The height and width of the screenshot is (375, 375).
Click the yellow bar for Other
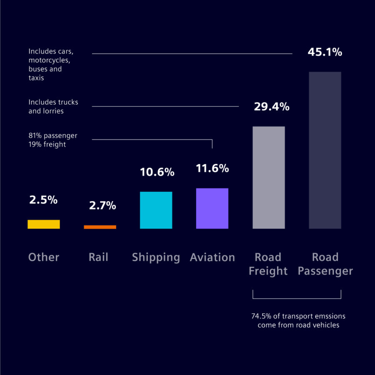(x=44, y=224)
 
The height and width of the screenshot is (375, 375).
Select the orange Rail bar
(x=100, y=227)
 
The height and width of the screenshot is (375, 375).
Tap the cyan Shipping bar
(x=156, y=210)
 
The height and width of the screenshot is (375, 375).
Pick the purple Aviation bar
(x=212, y=209)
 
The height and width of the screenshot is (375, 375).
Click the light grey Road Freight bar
(x=269, y=177)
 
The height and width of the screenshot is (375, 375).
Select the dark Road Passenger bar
(x=325, y=150)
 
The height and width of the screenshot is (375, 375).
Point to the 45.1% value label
(x=325, y=53)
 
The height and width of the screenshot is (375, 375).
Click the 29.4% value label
(x=272, y=107)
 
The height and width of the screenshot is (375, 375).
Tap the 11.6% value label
(x=212, y=169)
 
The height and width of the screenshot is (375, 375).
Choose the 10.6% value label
(x=157, y=172)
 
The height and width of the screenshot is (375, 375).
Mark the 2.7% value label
(x=102, y=206)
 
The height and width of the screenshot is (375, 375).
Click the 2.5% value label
(x=43, y=200)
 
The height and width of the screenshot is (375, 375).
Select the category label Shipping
(x=156, y=257)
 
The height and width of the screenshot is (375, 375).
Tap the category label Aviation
(x=212, y=257)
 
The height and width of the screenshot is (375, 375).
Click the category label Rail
(x=98, y=257)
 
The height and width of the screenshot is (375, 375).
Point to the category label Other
(x=44, y=257)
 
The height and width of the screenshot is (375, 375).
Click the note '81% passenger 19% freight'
(x=53, y=140)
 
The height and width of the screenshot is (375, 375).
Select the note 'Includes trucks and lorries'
(x=53, y=106)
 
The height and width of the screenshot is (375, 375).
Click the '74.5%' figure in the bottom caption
(x=260, y=316)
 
